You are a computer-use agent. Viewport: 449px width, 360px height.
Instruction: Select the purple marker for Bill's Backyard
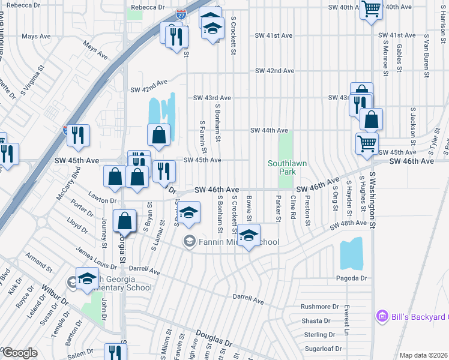click(x=380, y=316)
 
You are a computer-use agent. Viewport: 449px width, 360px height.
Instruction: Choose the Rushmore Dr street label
click(x=320, y=306)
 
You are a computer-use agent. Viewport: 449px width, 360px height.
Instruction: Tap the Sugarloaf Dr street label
click(x=322, y=348)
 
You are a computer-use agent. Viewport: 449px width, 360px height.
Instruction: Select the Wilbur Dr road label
click(x=55, y=298)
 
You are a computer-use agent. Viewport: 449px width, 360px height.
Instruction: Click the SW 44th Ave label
click(x=269, y=130)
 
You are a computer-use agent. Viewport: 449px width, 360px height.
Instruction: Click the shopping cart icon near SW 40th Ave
click(x=372, y=9)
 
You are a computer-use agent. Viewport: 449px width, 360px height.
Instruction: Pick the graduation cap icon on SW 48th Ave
click(x=249, y=235)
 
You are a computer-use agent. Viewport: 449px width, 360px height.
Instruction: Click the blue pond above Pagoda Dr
click(x=352, y=254)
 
